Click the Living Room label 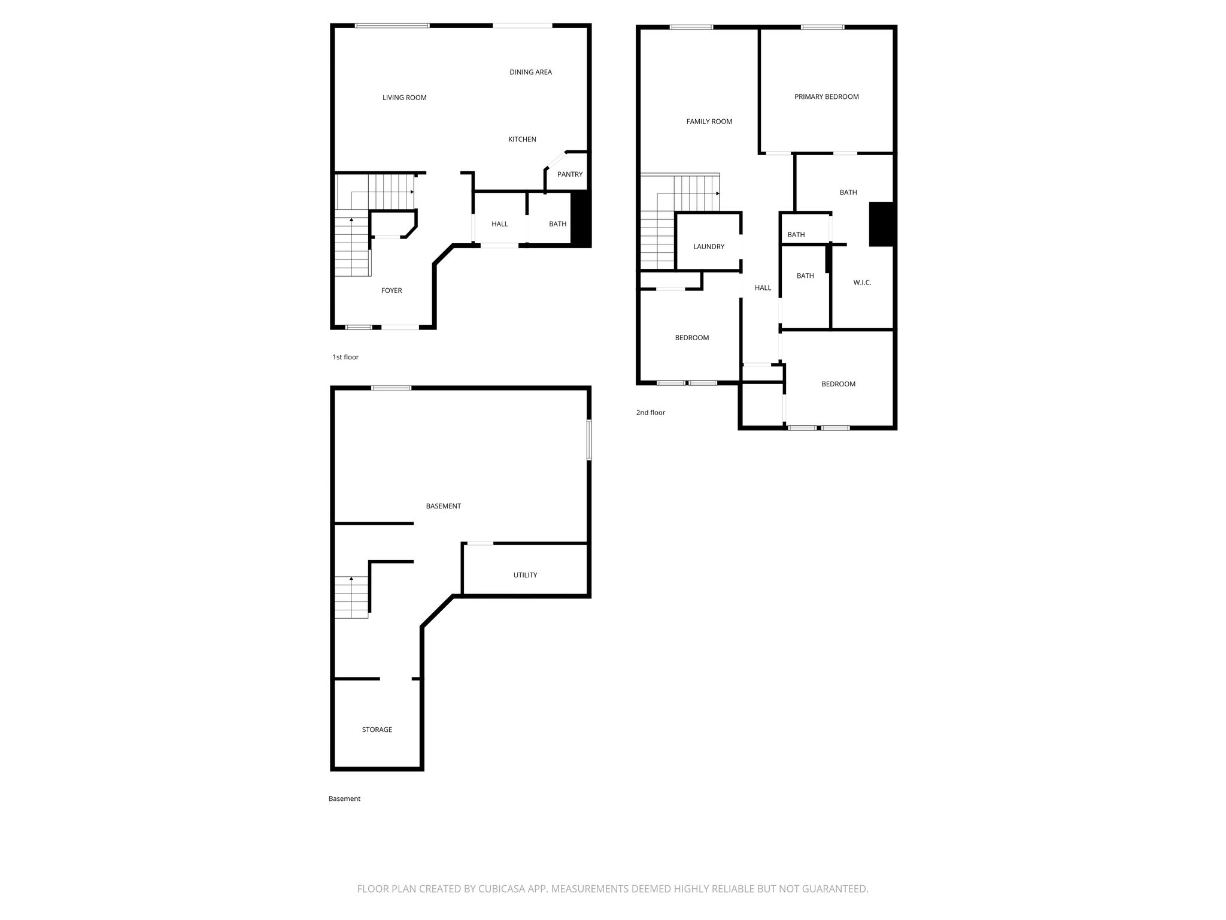pyautogui.click(x=405, y=98)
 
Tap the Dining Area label pyautogui.click(x=530, y=72)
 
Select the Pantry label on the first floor pyautogui.click(x=570, y=174)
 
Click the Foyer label pyautogui.click(x=392, y=290)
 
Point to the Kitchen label pyautogui.click(x=522, y=140)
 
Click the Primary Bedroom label pyautogui.click(x=827, y=96)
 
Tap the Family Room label pyautogui.click(x=709, y=122)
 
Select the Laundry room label pyautogui.click(x=709, y=247)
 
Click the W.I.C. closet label pyautogui.click(x=862, y=283)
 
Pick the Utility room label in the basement pyautogui.click(x=525, y=575)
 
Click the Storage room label pyautogui.click(x=377, y=730)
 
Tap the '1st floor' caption pyautogui.click(x=345, y=357)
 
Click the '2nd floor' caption pyautogui.click(x=651, y=413)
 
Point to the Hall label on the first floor pyautogui.click(x=500, y=224)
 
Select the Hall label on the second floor pyautogui.click(x=763, y=288)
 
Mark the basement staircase pyautogui.click(x=351, y=597)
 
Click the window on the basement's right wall pyautogui.click(x=589, y=440)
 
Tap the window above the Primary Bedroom pyautogui.click(x=823, y=27)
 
